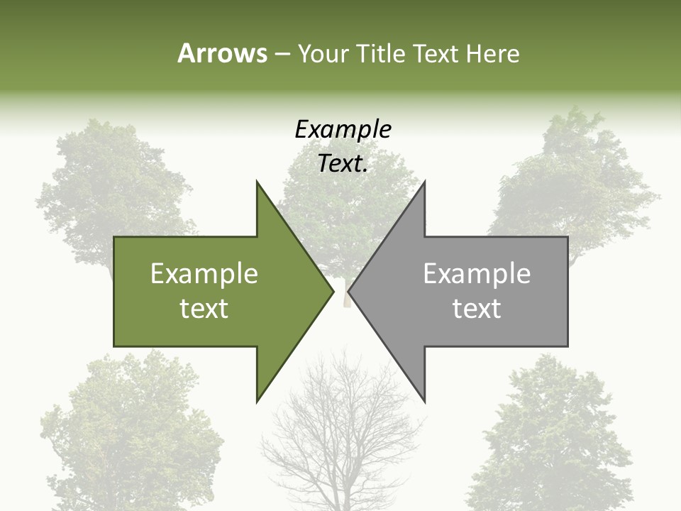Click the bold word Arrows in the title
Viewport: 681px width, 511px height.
tap(222, 53)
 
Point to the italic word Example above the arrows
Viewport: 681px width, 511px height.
tap(343, 129)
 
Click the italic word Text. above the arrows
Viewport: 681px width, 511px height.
tap(343, 163)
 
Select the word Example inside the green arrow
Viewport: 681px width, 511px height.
tap(204, 274)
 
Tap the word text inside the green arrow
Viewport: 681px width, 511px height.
tap(204, 309)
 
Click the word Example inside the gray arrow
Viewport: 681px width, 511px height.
tap(477, 274)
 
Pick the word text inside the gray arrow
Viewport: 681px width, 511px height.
tap(477, 309)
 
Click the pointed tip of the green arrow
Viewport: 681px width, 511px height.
tap(332, 291)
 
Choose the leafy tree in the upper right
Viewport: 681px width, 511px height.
tap(575, 177)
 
